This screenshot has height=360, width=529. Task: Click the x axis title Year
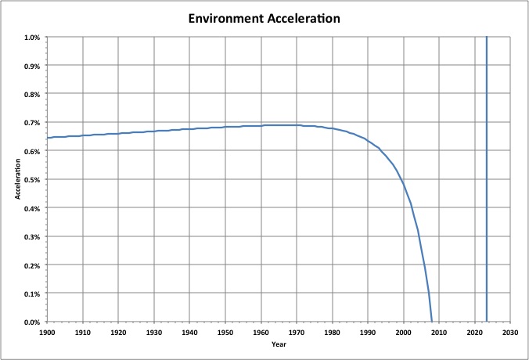click(x=279, y=344)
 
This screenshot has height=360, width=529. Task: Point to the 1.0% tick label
click(x=32, y=37)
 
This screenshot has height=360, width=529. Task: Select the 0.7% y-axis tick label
click(x=32, y=123)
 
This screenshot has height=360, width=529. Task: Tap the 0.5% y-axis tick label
click(x=32, y=180)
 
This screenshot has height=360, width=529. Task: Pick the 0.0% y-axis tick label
click(x=32, y=322)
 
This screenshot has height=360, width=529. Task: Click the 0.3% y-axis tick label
click(x=32, y=237)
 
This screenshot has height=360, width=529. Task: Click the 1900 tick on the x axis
click(x=47, y=332)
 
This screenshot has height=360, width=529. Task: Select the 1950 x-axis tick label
click(x=225, y=332)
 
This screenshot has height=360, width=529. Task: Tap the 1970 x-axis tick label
click(x=297, y=332)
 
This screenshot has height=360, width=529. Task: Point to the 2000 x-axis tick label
click(x=404, y=332)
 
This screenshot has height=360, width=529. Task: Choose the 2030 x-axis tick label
click(x=510, y=332)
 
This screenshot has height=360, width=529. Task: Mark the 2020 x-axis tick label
click(x=475, y=332)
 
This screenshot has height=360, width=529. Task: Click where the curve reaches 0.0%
click(x=432, y=321)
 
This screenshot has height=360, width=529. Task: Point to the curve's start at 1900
click(x=48, y=138)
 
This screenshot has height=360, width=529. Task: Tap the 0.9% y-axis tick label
click(x=32, y=66)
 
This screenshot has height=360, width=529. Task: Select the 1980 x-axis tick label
click(x=333, y=332)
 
